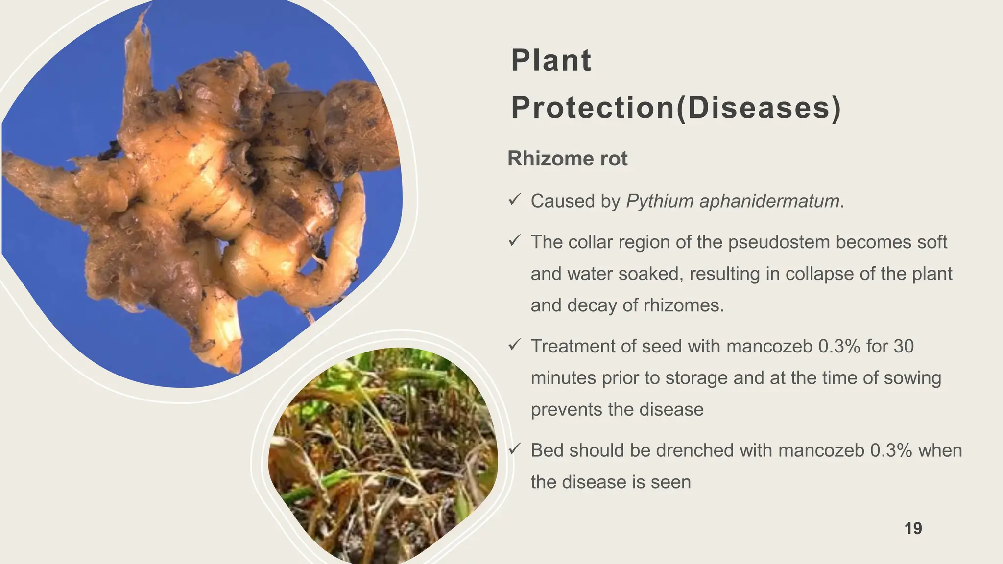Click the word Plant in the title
click(551, 61)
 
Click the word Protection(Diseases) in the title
click(676, 108)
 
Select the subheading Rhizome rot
click(567, 159)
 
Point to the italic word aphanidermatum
click(769, 201)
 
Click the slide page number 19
click(913, 529)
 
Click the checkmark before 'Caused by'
click(514, 200)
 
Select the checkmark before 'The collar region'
click(514, 240)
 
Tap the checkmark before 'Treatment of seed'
click(514, 345)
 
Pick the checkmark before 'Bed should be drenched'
click(514, 449)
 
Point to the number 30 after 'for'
click(904, 347)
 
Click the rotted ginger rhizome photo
click(206, 196)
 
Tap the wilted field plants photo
click(382, 455)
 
